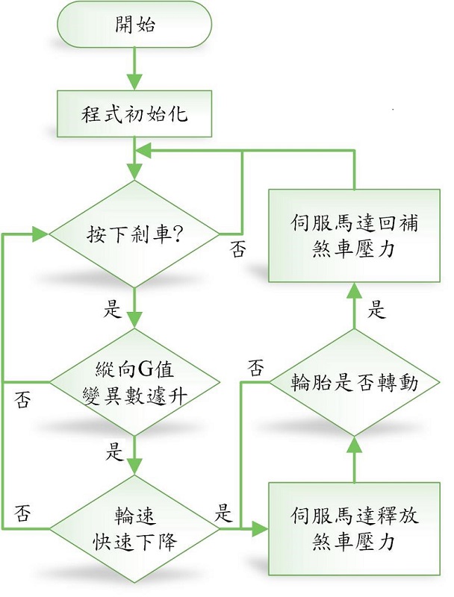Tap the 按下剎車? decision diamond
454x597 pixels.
coord(135,234)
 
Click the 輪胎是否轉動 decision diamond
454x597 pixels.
coord(354,384)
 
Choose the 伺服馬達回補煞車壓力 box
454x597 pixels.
coord(354,234)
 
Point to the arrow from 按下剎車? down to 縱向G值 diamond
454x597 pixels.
coord(135,307)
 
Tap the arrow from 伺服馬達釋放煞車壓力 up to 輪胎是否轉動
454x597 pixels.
coord(354,460)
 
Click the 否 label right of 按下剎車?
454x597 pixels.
coord(237,250)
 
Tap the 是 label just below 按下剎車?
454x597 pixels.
coord(113,310)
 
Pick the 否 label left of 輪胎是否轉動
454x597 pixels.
coord(255,367)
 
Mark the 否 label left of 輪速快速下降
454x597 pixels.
coord(23,513)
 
